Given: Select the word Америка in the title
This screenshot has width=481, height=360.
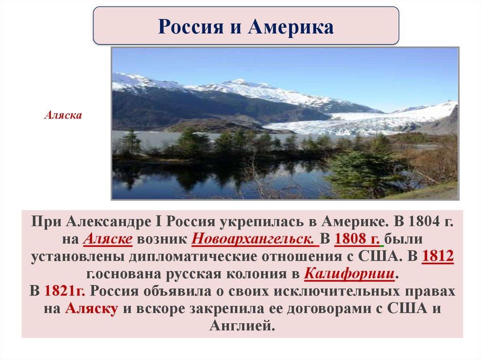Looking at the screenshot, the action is [290, 26].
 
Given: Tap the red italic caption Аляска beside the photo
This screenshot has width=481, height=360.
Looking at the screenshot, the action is [63, 115].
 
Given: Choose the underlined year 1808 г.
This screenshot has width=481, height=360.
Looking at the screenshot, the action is [358, 239].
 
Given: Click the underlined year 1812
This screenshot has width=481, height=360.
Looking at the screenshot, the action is [438, 256].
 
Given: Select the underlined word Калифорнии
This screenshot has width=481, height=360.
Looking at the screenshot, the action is [349, 274].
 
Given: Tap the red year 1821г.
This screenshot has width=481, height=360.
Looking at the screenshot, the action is [65, 291].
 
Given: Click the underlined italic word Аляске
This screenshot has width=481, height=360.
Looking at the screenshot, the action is [108, 239].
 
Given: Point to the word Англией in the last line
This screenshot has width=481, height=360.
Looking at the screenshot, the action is [242, 326].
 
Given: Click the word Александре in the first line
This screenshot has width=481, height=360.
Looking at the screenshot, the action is [109, 222].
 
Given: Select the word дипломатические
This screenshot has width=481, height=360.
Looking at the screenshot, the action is [201, 257].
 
